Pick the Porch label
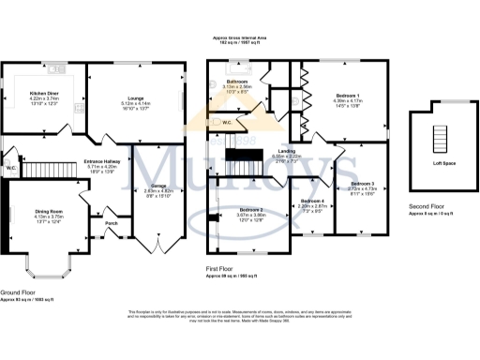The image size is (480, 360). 112,223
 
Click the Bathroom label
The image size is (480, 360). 237,82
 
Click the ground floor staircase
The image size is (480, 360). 43,170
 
